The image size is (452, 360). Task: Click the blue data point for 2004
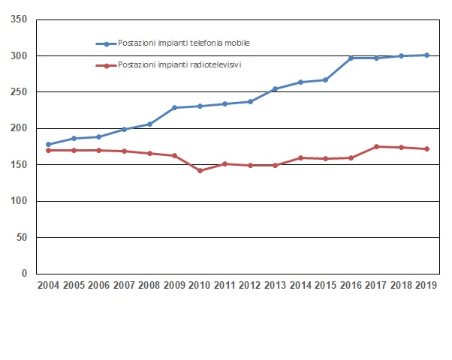tap(49, 145)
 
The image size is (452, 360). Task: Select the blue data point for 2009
tap(174, 108)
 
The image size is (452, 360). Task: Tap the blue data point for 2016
tap(351, 58)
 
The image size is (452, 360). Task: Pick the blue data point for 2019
tap(426, 55)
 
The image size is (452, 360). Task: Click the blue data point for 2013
tap(275, 89)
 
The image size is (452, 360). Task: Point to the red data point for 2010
tap(200, 171)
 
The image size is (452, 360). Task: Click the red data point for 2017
tap(376, 147)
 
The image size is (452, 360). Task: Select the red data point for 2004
tap(49, 150)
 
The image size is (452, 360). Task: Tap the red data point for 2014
tap(300, 158)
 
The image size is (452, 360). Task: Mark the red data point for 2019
tap(426, 149)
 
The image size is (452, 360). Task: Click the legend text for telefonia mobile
tap(184, 43)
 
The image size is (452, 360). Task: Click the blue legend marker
tap(107, 44)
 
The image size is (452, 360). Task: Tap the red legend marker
tap(107, 66)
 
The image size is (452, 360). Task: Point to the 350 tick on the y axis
tap(20, 19)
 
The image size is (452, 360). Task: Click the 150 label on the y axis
tap(20, 165)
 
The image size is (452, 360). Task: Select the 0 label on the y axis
tap(25, 274)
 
